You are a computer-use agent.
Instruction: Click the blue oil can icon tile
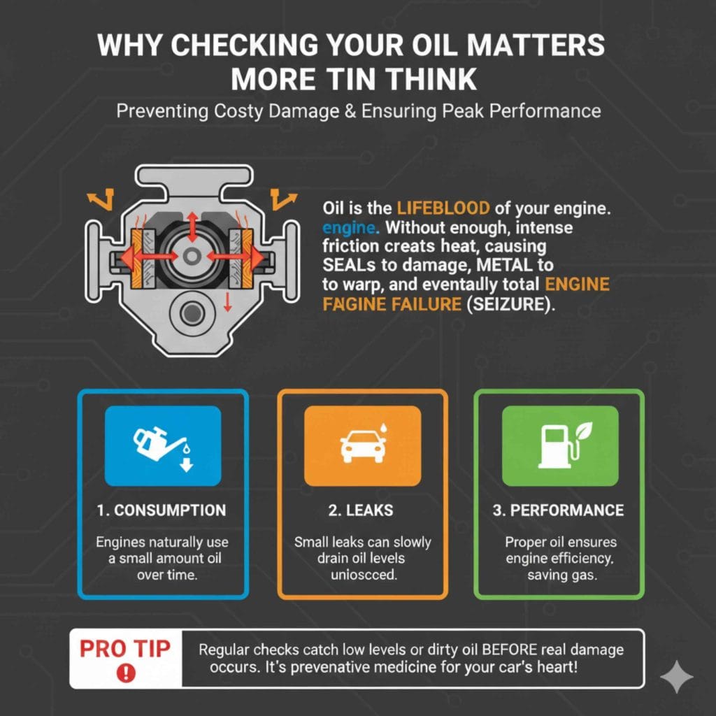coord(163,446)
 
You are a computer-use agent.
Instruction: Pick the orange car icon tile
coord(362,446)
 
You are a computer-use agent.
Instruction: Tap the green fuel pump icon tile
coord(560,446)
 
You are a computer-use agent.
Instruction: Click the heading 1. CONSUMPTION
coord(162,510)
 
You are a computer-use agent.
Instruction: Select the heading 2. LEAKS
coord(362,510)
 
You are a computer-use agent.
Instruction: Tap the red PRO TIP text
coord(125,648)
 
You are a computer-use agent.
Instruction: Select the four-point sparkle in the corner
coord(676,676)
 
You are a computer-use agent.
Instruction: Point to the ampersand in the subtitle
coord(349,111)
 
